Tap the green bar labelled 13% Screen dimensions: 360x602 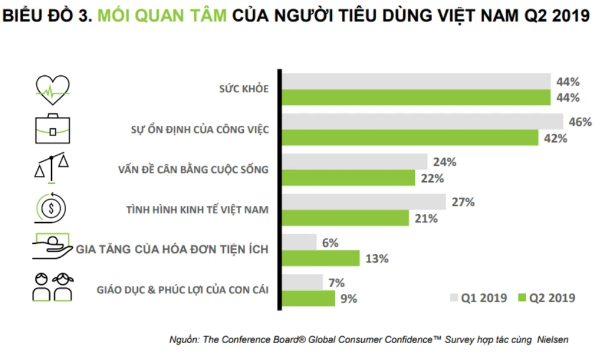coord(321,258)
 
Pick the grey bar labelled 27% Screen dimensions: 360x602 coord(364,202)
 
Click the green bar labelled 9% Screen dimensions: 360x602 coord(309,298)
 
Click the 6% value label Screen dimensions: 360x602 coord(330,243)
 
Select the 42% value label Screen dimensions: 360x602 coord(555,138)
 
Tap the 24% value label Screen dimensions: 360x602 coord(444,162)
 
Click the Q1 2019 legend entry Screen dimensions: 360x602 coord(479,297)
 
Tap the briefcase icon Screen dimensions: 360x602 coord(52,128)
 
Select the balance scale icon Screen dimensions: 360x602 coord(52,167)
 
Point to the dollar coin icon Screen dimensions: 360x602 coord(52,208)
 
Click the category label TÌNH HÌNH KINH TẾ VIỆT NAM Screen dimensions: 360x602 coord(197,210)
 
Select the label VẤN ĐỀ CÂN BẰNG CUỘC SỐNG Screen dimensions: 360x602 coord(193,170)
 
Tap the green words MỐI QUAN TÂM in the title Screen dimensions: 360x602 coord(163,16)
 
